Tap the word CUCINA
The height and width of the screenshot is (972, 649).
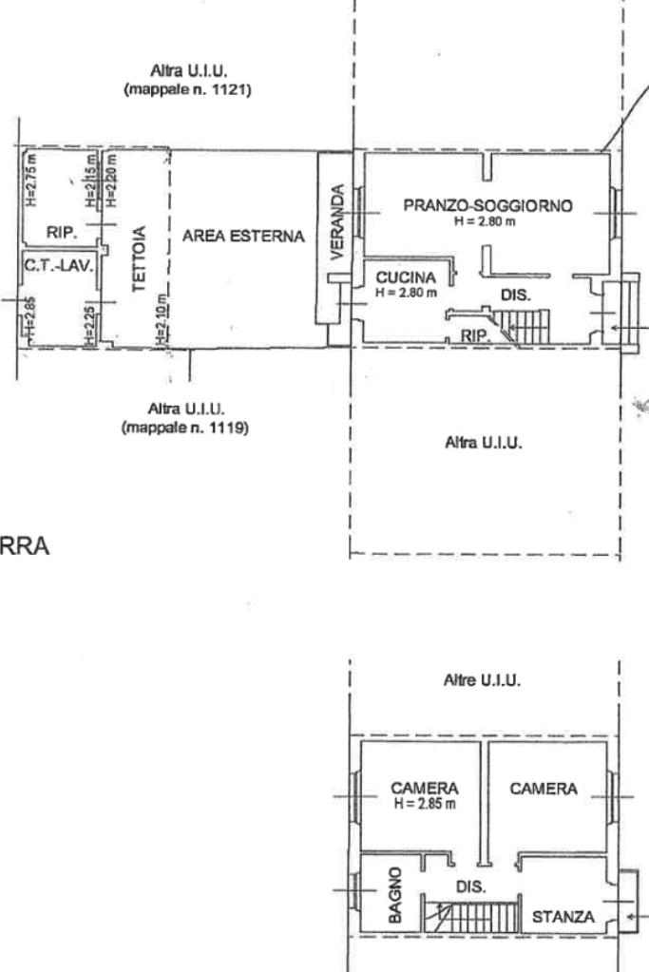click(x=406, y=277)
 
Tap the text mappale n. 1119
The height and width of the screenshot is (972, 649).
click(x=185, y=429)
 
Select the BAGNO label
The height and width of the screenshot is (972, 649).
click(x=396, y=895)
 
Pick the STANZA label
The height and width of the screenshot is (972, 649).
click(x=563, y=917)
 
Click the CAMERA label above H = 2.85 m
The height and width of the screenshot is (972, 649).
click(x=425, y=789)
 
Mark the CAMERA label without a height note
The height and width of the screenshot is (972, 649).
click(x=544, y=789)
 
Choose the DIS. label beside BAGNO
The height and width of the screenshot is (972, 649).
click(x=471, y=886)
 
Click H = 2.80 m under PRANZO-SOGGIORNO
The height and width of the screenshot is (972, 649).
click(x=486, y=221)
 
